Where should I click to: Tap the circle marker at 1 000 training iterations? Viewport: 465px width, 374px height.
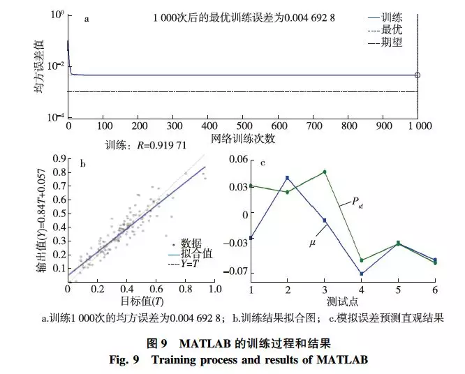(x=418, y=75)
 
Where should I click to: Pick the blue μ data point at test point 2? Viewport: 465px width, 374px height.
(x=287, y=178)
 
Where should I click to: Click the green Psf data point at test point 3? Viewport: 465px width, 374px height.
(x=324, y=172)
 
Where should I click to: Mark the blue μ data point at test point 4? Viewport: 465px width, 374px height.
(x=361, y=274)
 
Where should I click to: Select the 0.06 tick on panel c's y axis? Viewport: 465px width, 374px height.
(x=239, y=160)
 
